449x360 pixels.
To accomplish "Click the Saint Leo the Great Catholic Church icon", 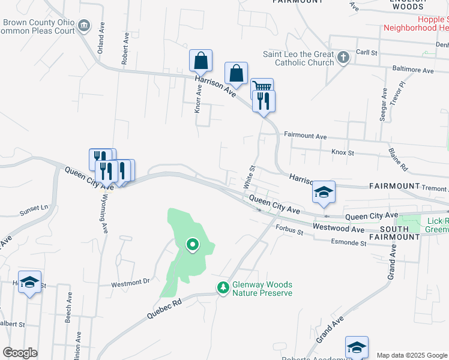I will tap(343, 58).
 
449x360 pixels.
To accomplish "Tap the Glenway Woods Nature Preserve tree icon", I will tap(223, 289).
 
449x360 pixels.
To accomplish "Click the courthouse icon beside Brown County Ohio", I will tap(83, 26).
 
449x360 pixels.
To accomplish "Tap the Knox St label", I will tap(343, 152).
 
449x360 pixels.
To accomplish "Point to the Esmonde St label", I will tap(349, 242).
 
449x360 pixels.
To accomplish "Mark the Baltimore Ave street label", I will tap(412, 70).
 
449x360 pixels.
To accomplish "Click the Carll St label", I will tap(366, 53).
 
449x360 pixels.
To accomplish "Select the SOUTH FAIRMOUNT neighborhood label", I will tap(394, 233).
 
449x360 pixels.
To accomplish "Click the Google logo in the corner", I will tap(20, 353).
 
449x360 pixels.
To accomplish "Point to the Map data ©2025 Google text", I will tap(412, 355).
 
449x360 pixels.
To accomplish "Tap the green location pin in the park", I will tap(193, 244).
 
